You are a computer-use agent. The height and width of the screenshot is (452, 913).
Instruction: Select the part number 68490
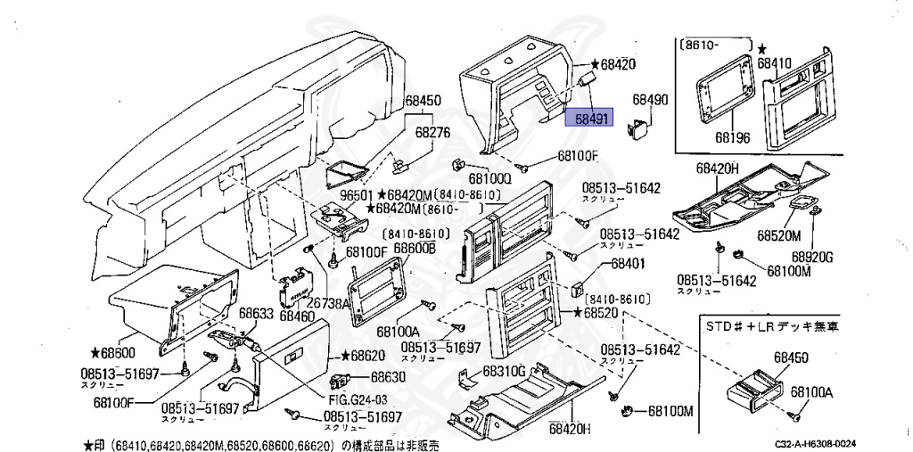coord(650,100)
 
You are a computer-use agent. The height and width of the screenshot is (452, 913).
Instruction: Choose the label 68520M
coord(781,235)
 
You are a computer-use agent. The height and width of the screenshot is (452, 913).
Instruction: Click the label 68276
coord(434,131)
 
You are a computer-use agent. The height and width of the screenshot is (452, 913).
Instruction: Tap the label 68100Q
coord(491,178)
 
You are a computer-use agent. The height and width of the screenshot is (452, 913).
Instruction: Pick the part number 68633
coord(256,314)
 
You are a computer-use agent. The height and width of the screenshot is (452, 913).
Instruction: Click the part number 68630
coord(388,377)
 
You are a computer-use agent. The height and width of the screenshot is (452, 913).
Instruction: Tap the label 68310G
coord(505,370)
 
